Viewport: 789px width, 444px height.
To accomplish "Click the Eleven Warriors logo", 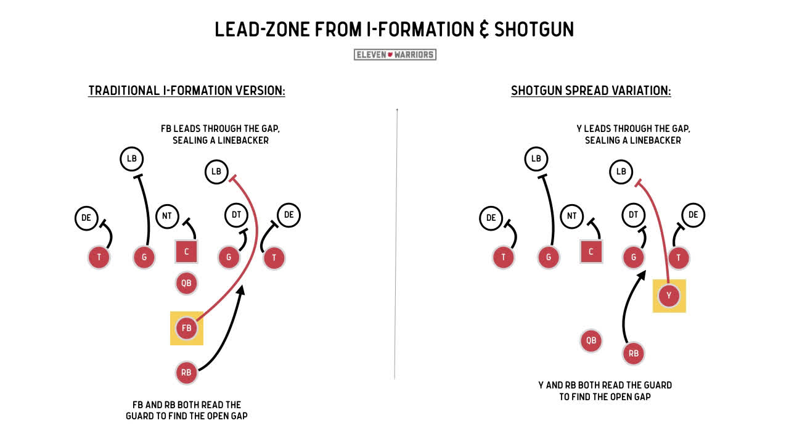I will click(x=394, y=54).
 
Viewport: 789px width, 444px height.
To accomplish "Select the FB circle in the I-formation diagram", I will click(x=187, y=328).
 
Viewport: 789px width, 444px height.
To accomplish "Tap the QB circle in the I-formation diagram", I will click(x=187, y=284).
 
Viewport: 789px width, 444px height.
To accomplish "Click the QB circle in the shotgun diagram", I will click(x=591, y=340).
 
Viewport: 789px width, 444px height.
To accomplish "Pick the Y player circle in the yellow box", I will click(x=669, y=296).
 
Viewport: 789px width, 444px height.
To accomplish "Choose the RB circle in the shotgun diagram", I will click(x=634, y=353).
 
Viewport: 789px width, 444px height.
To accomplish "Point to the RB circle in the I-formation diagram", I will click(x=187, y=372).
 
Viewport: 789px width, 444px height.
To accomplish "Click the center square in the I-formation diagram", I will click(x=186, y=252).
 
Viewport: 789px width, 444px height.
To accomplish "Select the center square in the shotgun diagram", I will click(x=591, y=252).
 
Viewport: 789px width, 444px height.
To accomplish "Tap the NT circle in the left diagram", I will click(x=167, y=216).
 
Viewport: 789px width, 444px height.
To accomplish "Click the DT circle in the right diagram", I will click(x=634, y=215).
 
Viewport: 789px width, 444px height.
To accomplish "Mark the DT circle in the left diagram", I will click(x=236, y=215).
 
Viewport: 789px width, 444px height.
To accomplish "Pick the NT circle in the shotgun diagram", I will click(x=572, y=216).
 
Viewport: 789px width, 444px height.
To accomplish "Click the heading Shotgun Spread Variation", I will click(x=591, y=91).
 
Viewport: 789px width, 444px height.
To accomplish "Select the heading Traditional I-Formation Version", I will click(x=187, y=91).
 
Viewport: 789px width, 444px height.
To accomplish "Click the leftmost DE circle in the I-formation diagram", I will click(x=86, y=217).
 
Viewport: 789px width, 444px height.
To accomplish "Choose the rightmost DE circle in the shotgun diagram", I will click(x=693, y=215).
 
